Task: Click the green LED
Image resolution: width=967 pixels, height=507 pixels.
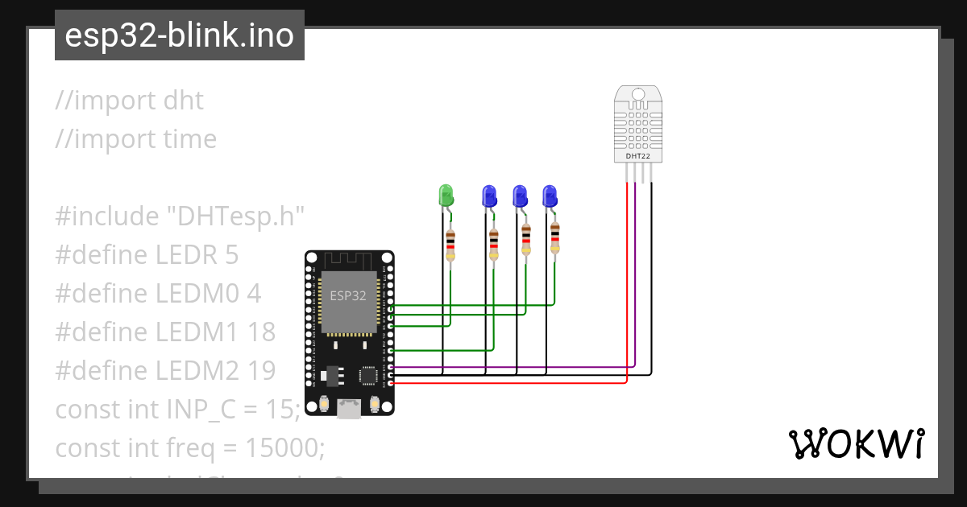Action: [446, 195]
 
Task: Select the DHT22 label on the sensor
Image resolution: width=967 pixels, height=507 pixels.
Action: [638, 156]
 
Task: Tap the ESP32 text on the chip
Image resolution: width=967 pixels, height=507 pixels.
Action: [347, 295]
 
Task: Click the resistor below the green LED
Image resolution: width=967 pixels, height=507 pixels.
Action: [450, 243]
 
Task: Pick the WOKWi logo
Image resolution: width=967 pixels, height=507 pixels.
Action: [856, 443]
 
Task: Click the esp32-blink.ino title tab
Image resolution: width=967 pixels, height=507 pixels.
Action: [179, 35]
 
